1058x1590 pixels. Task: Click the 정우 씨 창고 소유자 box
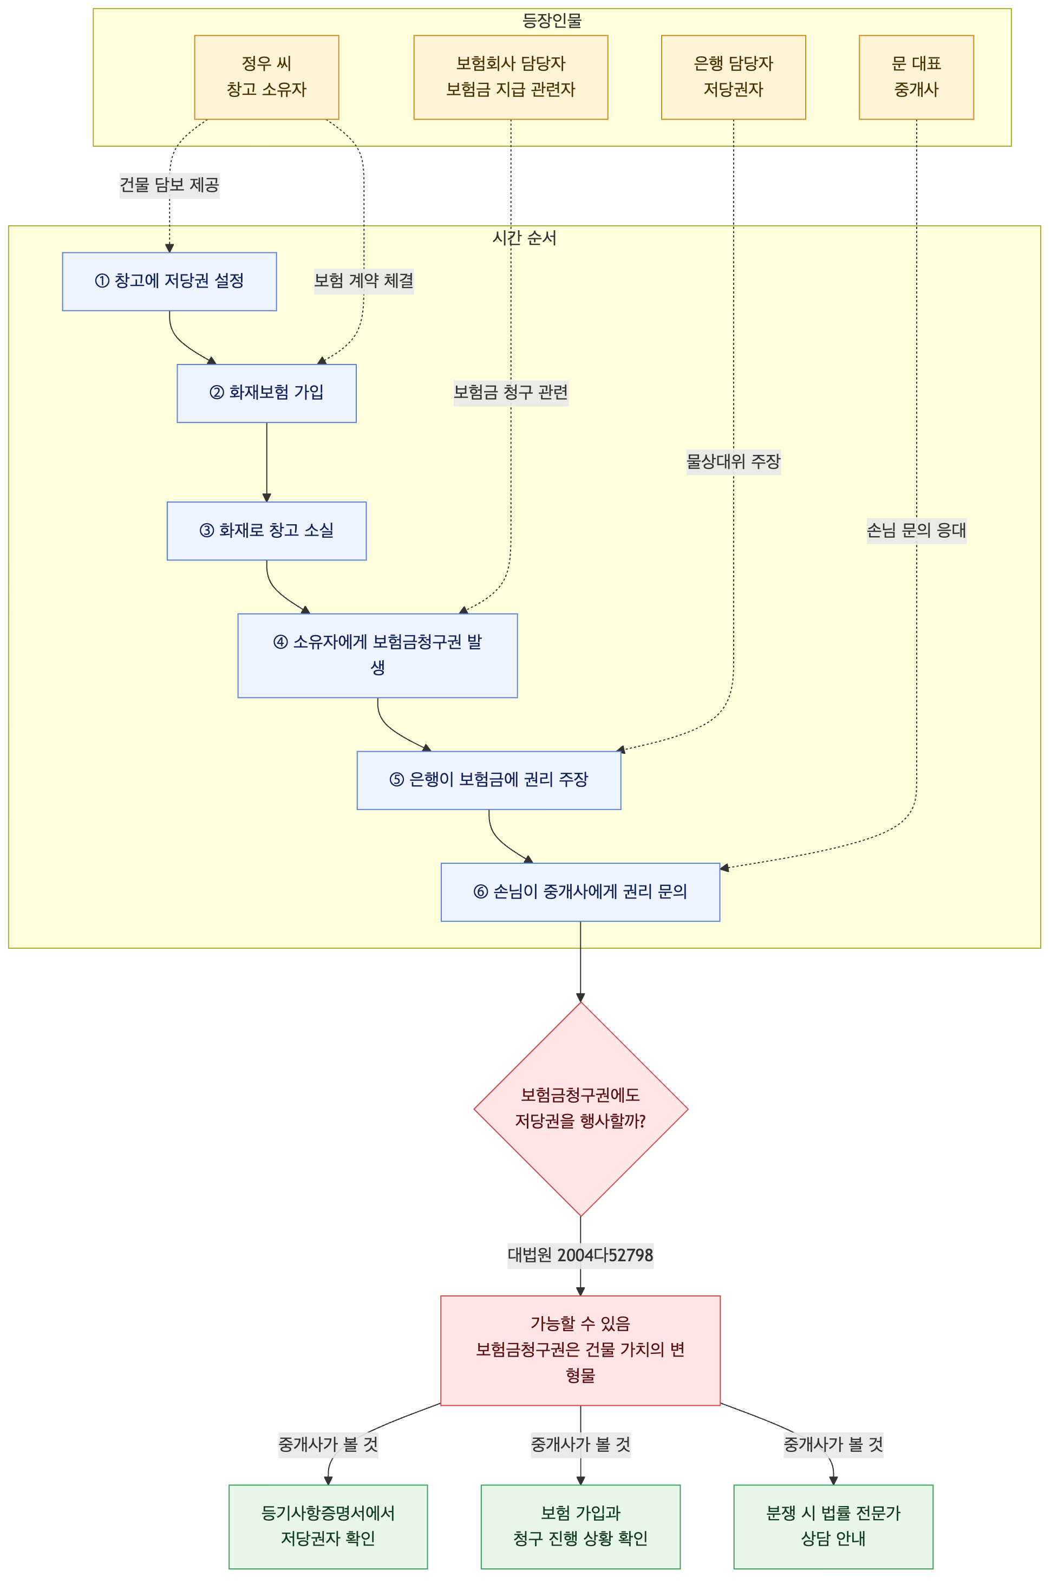[266, 77]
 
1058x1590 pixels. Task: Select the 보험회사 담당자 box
[511, 77]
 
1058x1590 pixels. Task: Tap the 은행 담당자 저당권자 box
[734, 77]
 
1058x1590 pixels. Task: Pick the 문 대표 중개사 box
[916, 77]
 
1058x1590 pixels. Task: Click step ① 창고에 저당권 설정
[169, 282]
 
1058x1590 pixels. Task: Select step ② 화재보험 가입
[266, 394]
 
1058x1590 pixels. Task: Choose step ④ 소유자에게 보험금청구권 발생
[378, 655]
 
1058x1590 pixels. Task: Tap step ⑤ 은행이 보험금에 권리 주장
[489, 780]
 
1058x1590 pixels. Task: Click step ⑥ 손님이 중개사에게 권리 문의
[580, 892]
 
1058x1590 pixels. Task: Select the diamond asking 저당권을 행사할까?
[581, 1109]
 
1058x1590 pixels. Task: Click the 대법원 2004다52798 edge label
[580, 1255]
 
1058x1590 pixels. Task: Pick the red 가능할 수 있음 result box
[580, 1351]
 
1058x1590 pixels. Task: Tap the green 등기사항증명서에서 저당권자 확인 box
[328, 1527]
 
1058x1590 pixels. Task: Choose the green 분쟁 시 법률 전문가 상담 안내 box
[833, 1527]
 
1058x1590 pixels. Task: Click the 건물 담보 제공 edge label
[169, 185]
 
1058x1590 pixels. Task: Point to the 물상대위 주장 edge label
[734, 462]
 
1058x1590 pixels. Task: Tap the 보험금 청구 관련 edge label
[511, 393]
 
